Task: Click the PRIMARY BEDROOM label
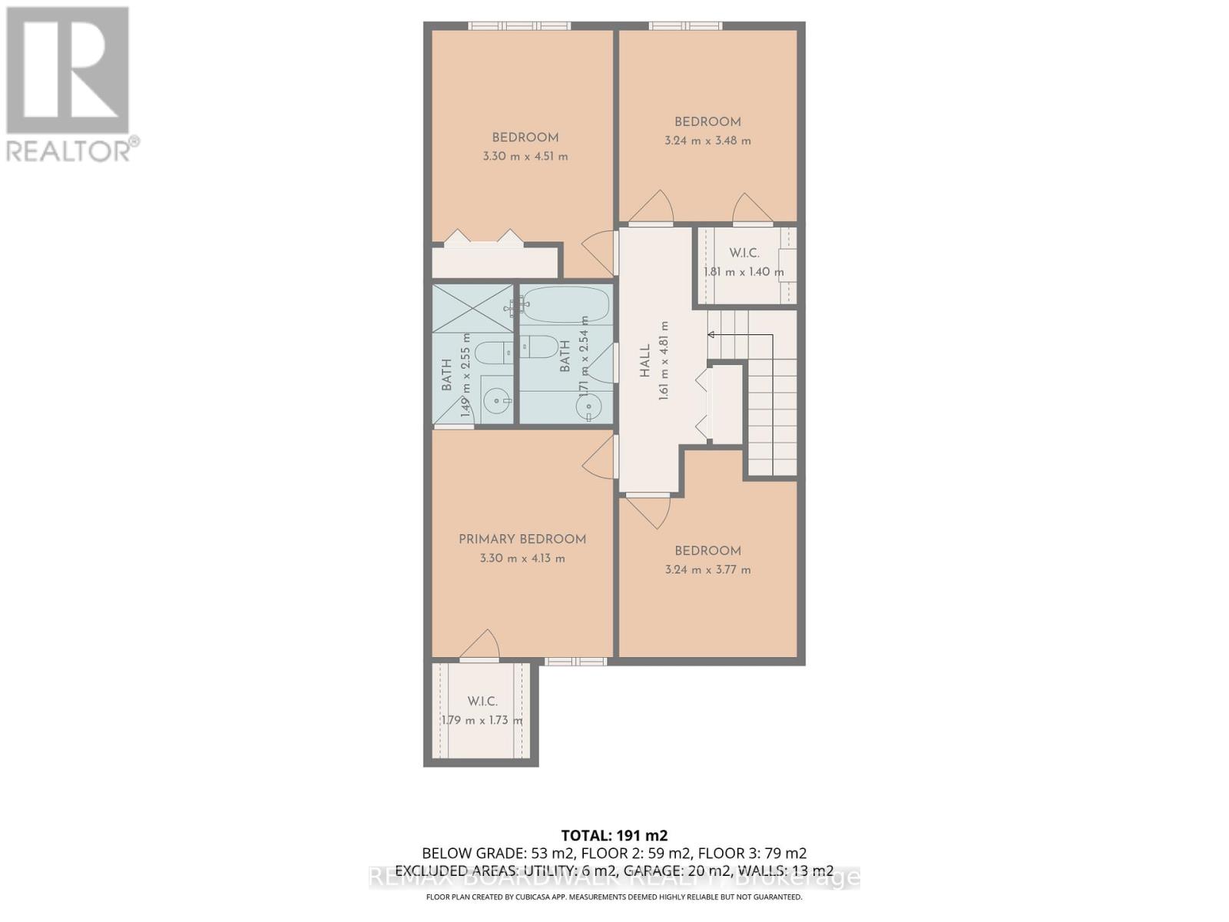[522, 539]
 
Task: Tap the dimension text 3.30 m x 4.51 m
[525, 156]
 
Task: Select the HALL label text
[644, 360]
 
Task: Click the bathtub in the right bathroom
[566, 305]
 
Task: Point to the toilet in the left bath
[492, 353]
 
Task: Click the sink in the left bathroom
[497, 400]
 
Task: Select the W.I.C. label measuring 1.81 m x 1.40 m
[744, 253]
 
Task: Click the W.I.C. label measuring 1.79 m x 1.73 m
[482, 701]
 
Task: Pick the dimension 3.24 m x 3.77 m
[707, 569]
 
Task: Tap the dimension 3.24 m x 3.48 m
[707, 141]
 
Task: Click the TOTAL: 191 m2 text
[614, 835]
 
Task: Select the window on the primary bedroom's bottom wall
[575, 661]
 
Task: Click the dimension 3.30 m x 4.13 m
[522, 558]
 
